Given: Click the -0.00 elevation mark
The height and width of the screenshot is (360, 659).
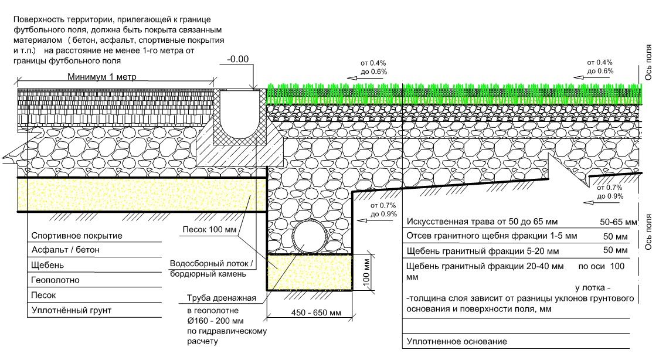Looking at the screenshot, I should coord(237,59).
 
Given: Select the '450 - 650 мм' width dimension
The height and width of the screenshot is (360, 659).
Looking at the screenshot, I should coord(310,313).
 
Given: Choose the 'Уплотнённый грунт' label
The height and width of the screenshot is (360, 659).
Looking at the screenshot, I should coord(71,310).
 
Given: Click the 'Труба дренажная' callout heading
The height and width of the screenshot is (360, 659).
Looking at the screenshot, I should coord(218,298).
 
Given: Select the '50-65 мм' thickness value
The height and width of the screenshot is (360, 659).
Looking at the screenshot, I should coord(618,223).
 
